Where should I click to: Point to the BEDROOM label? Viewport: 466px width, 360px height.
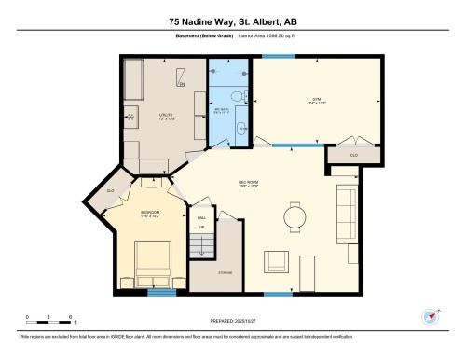(x=150, y=213)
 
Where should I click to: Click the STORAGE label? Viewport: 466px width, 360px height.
(x=226, y=271)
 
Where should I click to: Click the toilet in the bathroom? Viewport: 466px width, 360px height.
(x=238, y=96)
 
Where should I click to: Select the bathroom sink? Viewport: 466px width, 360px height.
(x=240, y=129)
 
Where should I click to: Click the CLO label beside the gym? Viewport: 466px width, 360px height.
(x=353, y=154)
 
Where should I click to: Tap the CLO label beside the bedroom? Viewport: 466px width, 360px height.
(x=110, y=191)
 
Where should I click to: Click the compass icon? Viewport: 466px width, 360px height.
(x=430, y=317)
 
